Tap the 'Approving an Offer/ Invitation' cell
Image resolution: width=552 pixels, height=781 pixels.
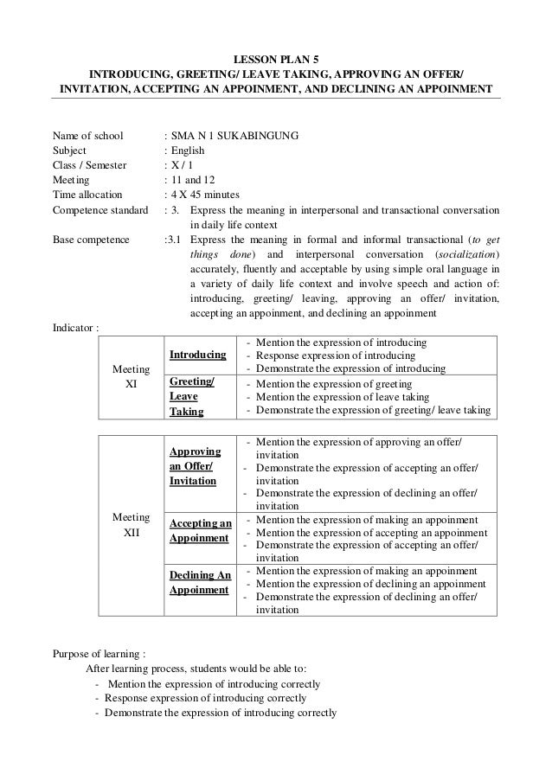click(x=193, y=465)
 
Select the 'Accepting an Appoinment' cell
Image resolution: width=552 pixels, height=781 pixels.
click(x=200, y=530)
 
